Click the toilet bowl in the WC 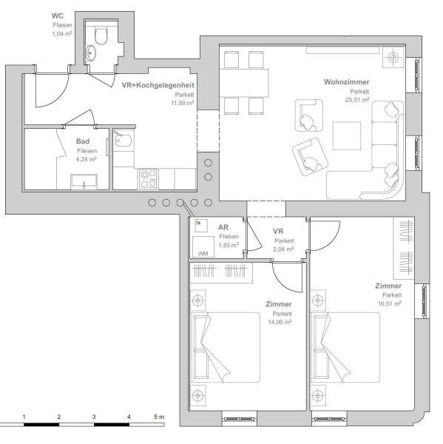point(101,36)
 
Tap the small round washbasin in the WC point(90,53)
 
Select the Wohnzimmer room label point(346,82)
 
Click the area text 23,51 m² point(357,100)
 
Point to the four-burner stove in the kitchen point(149,179)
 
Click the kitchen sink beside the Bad point(123,140)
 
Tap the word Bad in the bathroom point(83,141)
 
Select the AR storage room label point(223,227)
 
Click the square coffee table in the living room point(347,135)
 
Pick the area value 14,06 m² point(280,322)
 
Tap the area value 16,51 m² point(390,303)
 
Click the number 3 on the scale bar point(94,417)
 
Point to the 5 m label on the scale point(159,417)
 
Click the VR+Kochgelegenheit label point(158,85)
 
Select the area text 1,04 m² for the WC point(61,34)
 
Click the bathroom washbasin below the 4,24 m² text point(84,182)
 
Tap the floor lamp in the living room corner point(393,58)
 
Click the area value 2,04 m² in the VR point(283,249)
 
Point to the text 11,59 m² point(182,103)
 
